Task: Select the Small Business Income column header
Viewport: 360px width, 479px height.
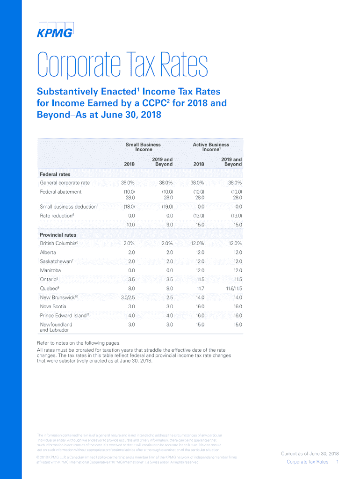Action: coord(143,147)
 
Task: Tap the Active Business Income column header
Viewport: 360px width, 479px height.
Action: coord(211,147)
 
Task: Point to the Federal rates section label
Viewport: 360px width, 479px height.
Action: coord(55,174)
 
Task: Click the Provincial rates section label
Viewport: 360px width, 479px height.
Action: coord(58,235)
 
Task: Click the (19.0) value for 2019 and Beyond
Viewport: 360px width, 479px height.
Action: coord(167,206)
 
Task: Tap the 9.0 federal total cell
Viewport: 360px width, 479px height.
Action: coord(169,225)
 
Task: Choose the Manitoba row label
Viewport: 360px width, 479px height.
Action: coord(50,270)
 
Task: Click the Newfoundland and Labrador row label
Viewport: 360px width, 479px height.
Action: coord(56,327)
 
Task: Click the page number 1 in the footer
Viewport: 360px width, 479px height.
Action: coord(337,462)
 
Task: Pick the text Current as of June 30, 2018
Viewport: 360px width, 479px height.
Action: coord(310,454)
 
